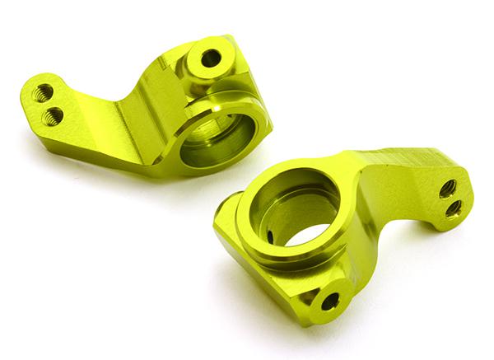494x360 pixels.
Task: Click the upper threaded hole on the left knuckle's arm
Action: click(x=44, y=92)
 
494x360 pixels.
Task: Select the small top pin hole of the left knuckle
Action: click(x=212, y=58)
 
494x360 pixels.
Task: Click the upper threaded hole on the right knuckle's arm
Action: click(x=447, y=189)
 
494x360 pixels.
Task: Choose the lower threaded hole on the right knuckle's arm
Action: click(x=453, y=208)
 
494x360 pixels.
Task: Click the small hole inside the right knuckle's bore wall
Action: click(x=270, y=236)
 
